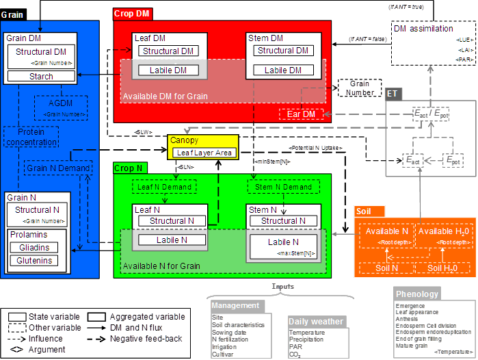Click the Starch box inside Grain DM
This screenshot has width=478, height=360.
[41, 77]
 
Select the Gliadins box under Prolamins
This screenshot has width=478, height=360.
[34, 248]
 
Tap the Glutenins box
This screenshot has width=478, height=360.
[34, 261]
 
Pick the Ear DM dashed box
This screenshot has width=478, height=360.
[301, 114]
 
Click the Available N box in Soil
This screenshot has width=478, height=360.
[386, 231]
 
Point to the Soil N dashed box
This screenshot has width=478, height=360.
[387, 268]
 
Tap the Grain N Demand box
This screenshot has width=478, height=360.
[58, 168]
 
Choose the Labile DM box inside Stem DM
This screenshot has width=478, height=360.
[283, 70]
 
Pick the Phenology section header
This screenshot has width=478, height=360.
[417, 294]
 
